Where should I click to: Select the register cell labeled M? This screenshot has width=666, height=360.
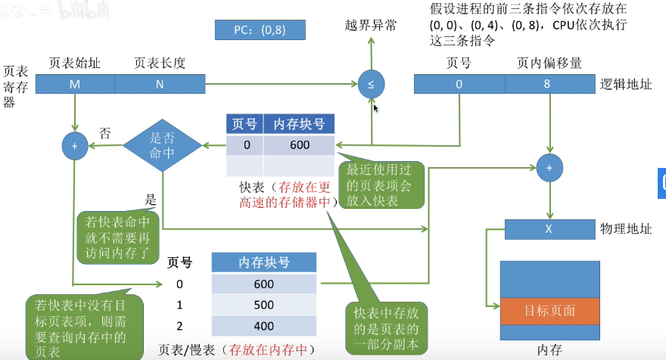[x=75, y=84]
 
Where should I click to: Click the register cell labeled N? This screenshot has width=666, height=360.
[x=160, y=84]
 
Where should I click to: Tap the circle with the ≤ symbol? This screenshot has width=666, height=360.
[x=371, y=84]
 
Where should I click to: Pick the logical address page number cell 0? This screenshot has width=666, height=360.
[x=459, y=84]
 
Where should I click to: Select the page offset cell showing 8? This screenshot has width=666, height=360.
[x=548, y=84]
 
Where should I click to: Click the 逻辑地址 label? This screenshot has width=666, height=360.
[x=625, y=84]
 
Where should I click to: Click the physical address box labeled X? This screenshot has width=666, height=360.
[x=549, y=228]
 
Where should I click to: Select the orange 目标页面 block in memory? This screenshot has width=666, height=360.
[x=549, y=311]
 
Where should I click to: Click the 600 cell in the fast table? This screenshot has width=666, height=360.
[x=299, y=145]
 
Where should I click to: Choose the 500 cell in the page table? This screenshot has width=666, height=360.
[x=264, y=305]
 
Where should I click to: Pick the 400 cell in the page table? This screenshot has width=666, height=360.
[x=264, y=325]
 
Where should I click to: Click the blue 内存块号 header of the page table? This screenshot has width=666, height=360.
[x=264, y=262]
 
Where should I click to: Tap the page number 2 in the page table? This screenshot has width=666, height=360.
[x=179, y=325]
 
